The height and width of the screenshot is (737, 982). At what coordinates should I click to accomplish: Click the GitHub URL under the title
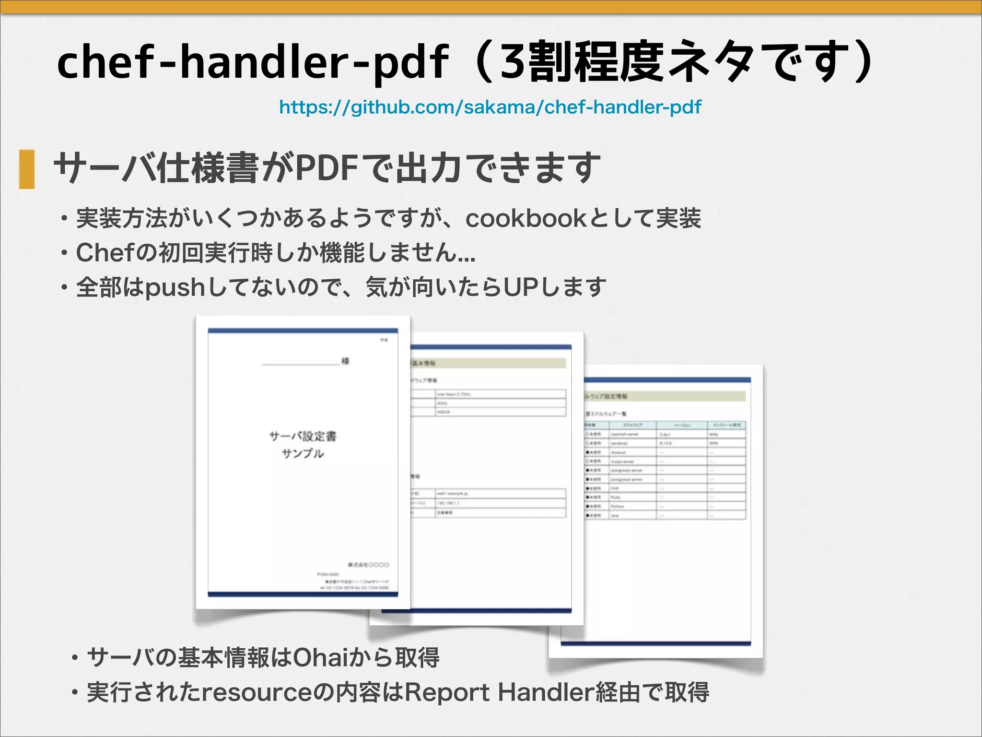[490, 107]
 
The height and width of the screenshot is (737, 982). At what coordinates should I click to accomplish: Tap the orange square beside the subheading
[27, 169]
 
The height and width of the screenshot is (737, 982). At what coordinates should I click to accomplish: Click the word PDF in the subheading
[327, 168]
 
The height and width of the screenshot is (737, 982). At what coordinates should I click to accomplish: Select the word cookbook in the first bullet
[526, 219]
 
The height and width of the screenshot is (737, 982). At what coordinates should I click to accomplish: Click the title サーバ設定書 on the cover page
[303, 436]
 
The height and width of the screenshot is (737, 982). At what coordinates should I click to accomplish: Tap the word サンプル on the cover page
[303, 453]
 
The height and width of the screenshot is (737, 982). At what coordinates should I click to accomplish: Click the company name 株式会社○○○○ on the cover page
[368, 565]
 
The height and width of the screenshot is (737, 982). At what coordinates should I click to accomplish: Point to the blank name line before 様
[300, 364]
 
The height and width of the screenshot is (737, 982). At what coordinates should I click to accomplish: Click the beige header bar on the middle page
[488, 363]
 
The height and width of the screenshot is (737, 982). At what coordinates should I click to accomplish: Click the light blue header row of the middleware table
[665, 425]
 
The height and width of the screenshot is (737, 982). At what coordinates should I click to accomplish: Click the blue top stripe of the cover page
[303, 331]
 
